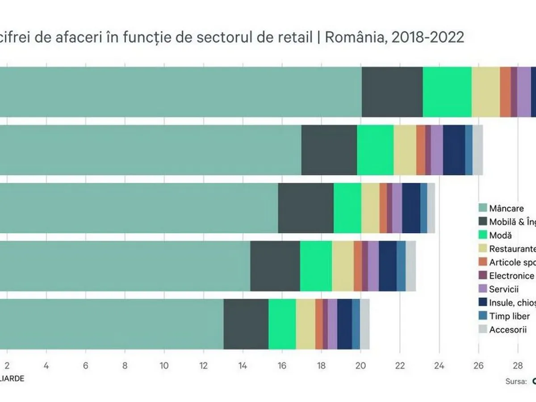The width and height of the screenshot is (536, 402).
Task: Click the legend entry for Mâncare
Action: [x=507, y=208]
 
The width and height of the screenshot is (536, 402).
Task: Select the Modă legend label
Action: [x=500, y=235]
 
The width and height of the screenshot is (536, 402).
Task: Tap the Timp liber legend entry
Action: [x=509, y=303]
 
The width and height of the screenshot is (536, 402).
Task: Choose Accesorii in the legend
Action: [x=508, y=317]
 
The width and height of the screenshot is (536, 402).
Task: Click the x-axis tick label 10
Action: [x=164, y=365]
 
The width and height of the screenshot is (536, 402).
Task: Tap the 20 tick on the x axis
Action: [x=360, y=365]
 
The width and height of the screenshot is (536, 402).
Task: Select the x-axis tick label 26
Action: [x=478, y=365]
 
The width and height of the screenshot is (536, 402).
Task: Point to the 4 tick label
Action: [x=46, y=365]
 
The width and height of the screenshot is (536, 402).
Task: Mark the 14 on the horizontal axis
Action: [x=243, y=365]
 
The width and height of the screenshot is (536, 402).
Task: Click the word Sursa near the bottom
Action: [x=515, y=381]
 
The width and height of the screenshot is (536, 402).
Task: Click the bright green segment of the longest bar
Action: [x=447, y=92]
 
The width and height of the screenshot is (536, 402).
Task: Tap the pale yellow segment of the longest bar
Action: [x=486, y=92]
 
